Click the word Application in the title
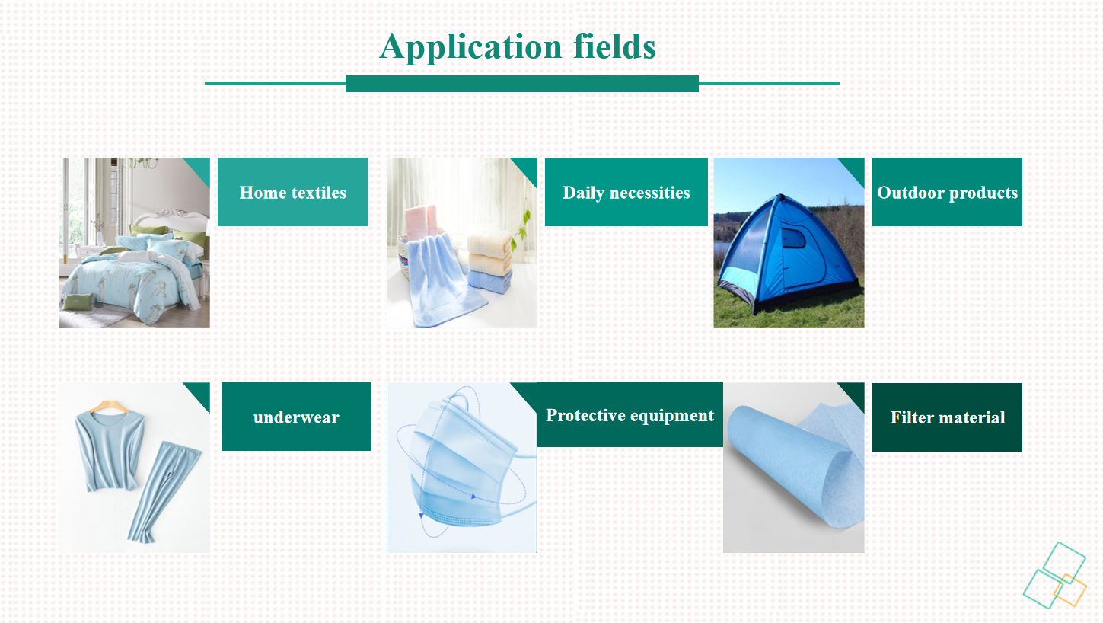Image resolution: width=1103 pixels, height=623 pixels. click(470, 47)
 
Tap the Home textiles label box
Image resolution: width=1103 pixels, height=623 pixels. click(292, 192)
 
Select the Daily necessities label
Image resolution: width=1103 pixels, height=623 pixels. click(626, 192)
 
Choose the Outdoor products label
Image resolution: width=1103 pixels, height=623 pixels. click(947, 192)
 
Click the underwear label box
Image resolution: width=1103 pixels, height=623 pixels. click(296, 417)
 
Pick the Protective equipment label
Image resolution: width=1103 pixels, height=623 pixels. click(630, 414)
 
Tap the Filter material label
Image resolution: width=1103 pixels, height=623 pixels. click(947, 417)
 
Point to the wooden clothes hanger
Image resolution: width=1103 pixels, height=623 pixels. click(109, 406)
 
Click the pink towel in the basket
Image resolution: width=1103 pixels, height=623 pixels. click(420, 221)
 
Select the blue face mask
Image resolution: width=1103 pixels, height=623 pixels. click(463, 465)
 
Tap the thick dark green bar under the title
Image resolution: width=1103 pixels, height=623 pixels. click(522, 84)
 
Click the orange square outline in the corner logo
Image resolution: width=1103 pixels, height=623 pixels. click(1070, 590)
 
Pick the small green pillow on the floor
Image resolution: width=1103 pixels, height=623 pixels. click(78, 301)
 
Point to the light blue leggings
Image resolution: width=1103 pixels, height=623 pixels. click(162, 493)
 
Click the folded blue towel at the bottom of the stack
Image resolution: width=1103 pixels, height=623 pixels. click(490, 283)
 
